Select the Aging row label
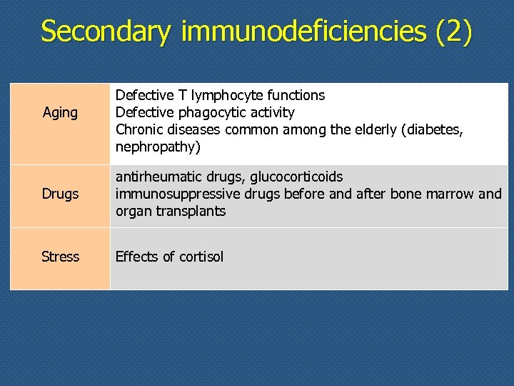pos(60,113)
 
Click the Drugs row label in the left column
pos(60,194)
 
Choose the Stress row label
pos(60,257)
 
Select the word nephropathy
pos(156,147)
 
